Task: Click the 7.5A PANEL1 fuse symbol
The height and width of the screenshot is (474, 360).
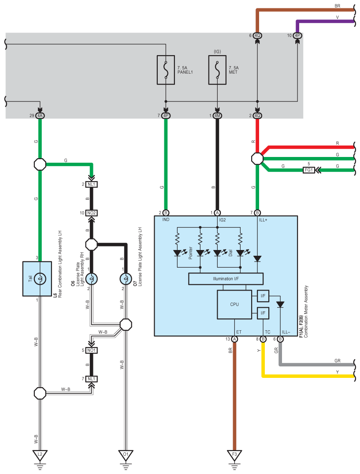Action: click(166, 70)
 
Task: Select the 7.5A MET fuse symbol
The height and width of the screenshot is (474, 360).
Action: click(217, 70)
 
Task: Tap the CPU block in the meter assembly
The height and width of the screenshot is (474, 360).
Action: click(234, 304)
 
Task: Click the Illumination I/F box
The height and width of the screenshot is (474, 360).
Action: click(226, 279)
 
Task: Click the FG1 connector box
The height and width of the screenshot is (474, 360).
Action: click(308, 170)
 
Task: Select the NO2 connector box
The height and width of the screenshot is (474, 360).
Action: click(92, 213)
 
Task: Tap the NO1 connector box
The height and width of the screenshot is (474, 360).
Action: click(92, 351)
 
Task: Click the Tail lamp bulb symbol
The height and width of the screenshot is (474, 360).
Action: click(40, 279)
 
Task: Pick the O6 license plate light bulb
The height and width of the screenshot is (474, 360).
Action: click(92, 279)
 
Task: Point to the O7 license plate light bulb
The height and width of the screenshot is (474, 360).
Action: click(126, 279)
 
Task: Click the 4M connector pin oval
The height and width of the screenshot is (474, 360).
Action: click(217, 116)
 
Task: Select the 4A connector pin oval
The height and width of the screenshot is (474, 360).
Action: click(40, 116)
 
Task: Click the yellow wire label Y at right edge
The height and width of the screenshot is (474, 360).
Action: click(338, 372)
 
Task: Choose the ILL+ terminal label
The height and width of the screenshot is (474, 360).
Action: click(263, 220)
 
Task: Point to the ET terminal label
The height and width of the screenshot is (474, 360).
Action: click(239, 332)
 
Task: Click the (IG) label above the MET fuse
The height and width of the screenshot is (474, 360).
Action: click(217, 52)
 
